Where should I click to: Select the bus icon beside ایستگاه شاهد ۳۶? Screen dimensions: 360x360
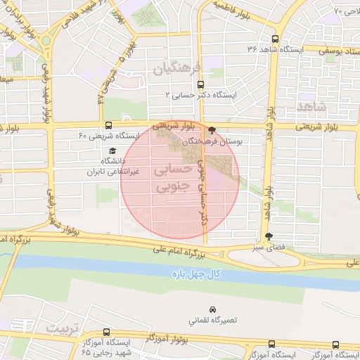(x=274, y=39)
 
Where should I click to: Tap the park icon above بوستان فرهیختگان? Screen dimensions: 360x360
(x=212, y=130)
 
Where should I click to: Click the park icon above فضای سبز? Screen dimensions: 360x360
(x=267, y=237)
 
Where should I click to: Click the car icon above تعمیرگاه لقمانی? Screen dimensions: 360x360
(x=212, y=309)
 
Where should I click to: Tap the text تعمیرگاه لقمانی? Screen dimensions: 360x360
(x=212, y=320)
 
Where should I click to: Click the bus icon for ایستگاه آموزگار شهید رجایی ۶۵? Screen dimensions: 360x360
(x=106, y=332)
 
